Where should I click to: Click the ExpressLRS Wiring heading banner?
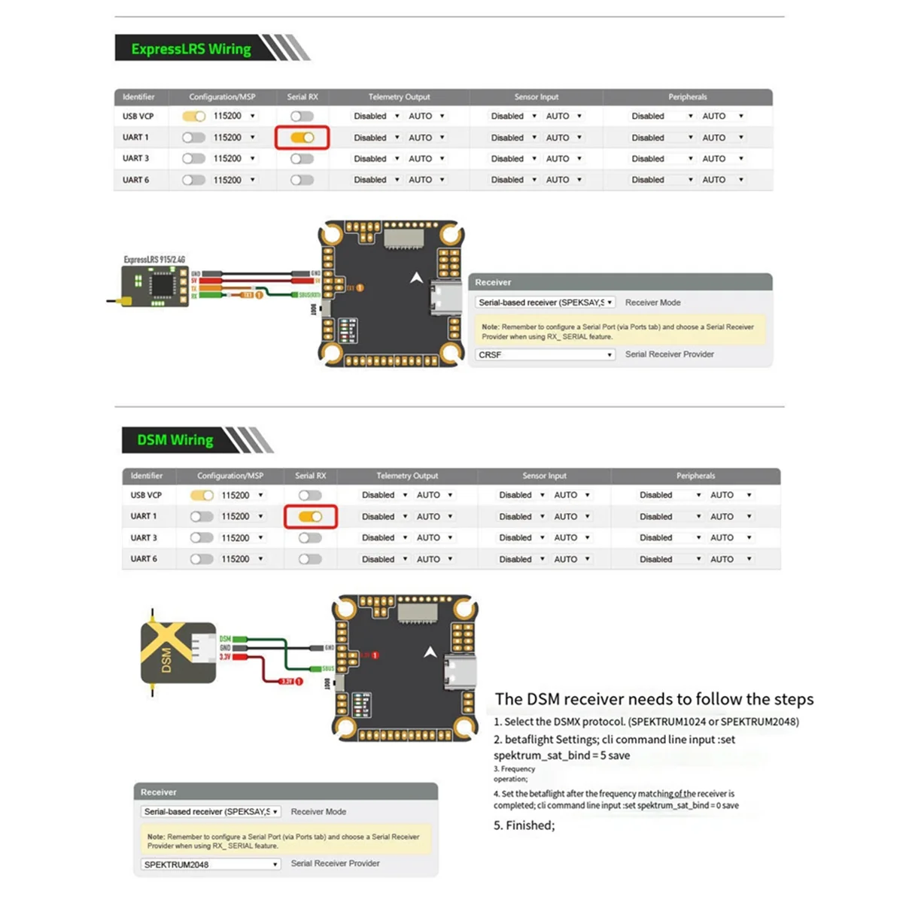tap(191, 49)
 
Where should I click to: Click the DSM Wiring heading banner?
tap(175, 440)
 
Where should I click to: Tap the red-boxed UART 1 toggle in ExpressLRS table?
tap(302, 138)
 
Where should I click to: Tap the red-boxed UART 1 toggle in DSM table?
tap(310, 517)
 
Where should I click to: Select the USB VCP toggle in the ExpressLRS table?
tap(193, 117)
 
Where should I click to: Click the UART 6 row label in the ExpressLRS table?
tap(136, 180)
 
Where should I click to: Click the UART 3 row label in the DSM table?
tap(144, 538)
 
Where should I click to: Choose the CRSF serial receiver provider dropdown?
tap(546, 354)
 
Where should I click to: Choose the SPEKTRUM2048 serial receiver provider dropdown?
tap(211, 865)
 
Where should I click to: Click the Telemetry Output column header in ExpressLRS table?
tap(399, 97)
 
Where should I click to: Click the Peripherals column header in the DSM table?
tap(695, 476)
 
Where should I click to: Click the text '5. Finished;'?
tap(524, 825)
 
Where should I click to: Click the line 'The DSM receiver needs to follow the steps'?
tap(654, 699)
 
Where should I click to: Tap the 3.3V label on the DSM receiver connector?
tap(225, 657)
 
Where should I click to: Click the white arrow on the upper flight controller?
tap(416, 278)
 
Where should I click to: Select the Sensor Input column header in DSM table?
tap(544, 476)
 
